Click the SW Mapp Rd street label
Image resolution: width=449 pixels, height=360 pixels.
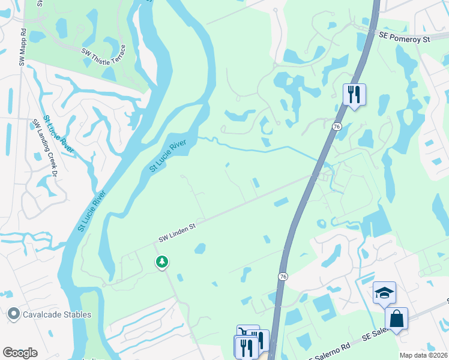[x=22, y=45]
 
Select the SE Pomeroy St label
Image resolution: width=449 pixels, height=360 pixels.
[x=405, y=38]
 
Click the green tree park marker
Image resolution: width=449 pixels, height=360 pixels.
[x=161, y=262]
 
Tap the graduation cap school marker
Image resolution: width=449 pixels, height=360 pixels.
[x=384, y=293]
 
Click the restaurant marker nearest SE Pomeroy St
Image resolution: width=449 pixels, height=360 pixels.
[x=354, y=94]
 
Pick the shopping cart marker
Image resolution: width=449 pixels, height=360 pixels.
[x=247, y=334]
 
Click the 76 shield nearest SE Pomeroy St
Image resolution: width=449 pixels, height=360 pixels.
[x=337, y=127]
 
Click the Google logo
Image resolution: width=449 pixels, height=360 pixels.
[x=20, y=353]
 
